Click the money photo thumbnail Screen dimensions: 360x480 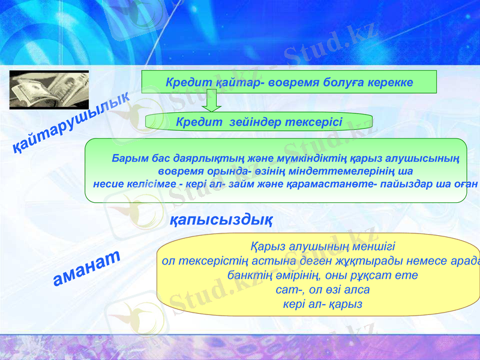[49, 90]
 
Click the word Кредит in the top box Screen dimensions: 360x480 [184, 82]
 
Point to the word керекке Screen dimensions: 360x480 [389, 82]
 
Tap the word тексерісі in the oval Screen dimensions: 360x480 [310, 122]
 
